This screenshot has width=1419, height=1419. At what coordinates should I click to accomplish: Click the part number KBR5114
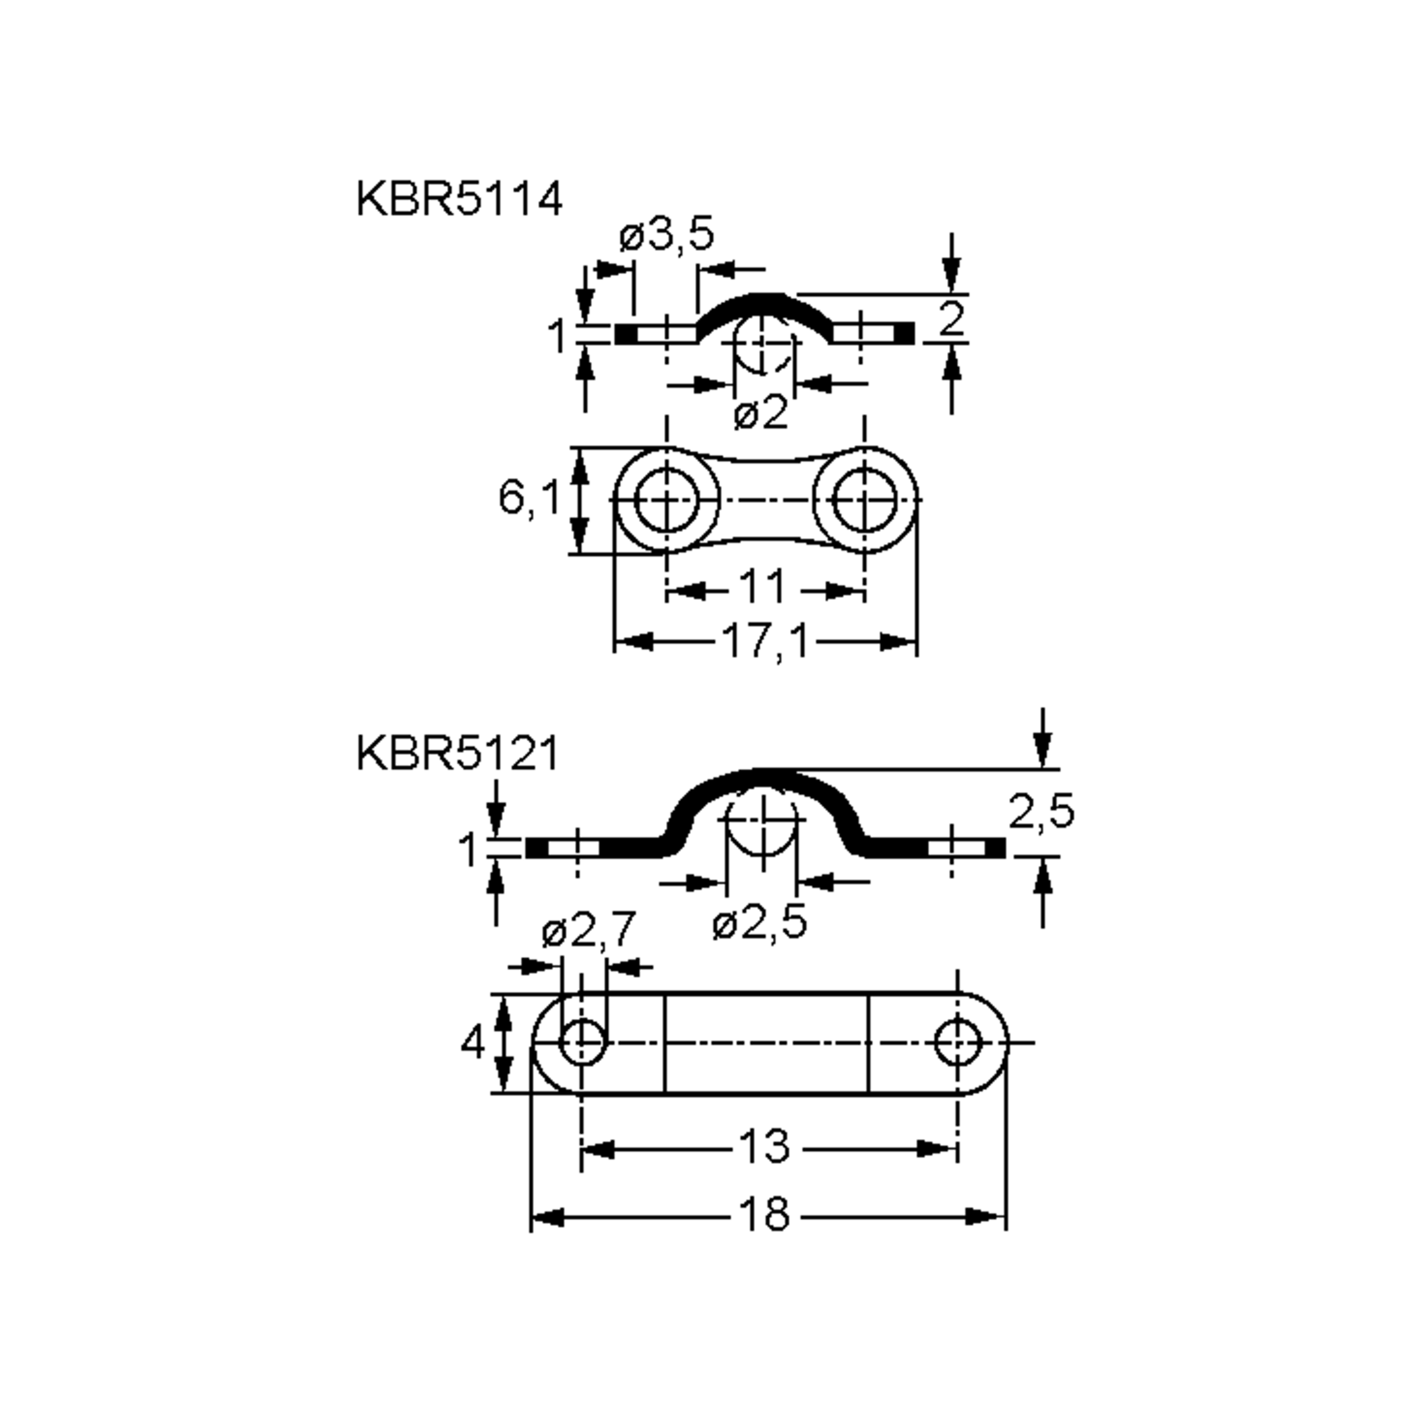[x=459, y=199]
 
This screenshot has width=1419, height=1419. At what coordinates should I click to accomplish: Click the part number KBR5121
[x=458, y=754]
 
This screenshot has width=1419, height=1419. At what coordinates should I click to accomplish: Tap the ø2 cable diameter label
[x=760, y=413]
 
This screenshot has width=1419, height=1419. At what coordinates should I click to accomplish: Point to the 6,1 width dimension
[x=528, y=497]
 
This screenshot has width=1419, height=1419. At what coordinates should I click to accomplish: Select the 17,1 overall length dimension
[x=764, y=641]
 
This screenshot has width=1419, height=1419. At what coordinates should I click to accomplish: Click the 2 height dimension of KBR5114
[x=951, y=319]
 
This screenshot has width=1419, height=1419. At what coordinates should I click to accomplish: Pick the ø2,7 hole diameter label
[x=588, y=931]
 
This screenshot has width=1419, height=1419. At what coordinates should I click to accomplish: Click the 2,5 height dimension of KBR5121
[x=1041, y=812]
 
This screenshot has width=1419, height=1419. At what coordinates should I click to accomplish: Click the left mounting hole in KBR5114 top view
[x=666, y=500]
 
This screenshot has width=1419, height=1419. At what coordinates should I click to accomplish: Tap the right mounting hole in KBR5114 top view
[x=864, y=500]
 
